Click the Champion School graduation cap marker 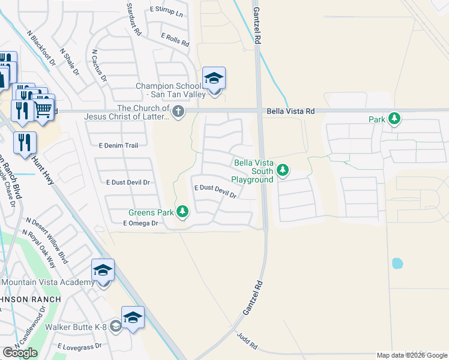pyautogui.click(x=214, y=79)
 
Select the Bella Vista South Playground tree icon pyautogui.click(x=283, y=172)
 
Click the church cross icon pyautogui.click(x=178, y=112)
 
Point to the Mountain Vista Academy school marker pyautogui.click(x=103, y=271)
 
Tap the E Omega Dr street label pyautogui.click(x=140, y=223)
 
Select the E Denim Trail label pyautogui.click(x=118, y=145)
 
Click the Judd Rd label pyautogui.click(x=247, y=342)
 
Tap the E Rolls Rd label pyautogui.click(x=175, y=39)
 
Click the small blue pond pyautogui.click(x=397, y=263)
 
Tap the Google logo pyautogui.click(x=20, y=353)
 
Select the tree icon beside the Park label pyautogui.click(x=394, y=119)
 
